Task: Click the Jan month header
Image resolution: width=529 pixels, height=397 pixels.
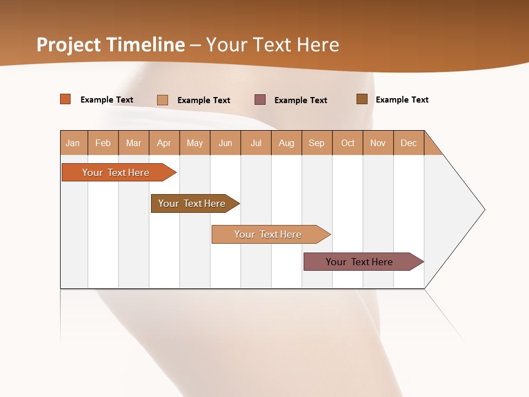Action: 73,143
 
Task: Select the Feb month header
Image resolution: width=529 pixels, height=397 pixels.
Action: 103,143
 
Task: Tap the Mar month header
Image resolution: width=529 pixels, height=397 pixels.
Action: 133,143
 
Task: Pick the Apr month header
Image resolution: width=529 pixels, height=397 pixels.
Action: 164,143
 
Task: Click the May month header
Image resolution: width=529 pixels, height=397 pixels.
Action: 195,143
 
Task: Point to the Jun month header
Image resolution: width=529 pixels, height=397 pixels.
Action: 225,143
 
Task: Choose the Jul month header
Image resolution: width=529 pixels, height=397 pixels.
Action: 256,143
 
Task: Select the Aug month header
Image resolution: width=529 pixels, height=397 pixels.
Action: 287,143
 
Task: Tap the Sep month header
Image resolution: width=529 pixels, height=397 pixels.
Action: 317,143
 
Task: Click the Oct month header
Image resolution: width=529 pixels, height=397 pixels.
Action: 348,143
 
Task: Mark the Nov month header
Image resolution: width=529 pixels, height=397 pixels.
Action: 378,143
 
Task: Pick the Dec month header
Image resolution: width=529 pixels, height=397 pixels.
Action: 409,143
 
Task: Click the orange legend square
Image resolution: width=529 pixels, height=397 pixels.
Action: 66,99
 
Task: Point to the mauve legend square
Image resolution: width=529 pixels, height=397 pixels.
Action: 260,100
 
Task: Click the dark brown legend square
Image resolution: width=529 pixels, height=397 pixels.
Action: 362,99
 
